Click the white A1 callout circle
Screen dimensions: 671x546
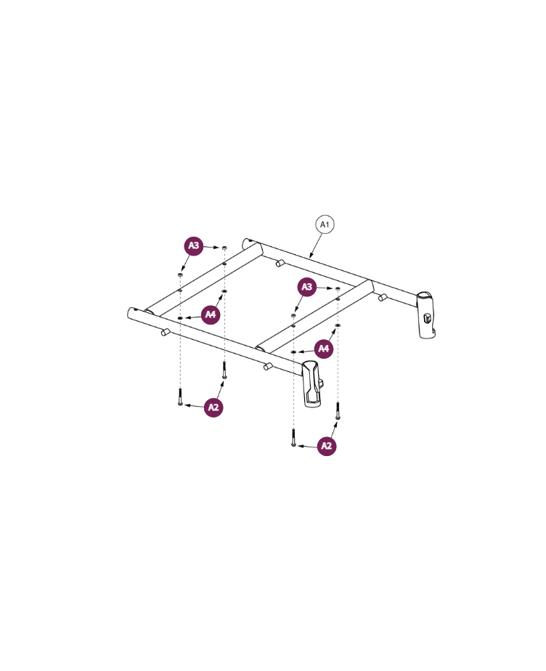pos(324,226)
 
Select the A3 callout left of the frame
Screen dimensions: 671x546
pos(193,246)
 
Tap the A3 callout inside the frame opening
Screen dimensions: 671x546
pos(308,288)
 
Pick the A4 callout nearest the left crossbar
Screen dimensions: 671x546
pos(211,314)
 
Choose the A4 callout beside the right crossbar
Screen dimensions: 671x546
pos(324,349)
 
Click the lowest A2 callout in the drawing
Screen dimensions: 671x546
pos(327,446)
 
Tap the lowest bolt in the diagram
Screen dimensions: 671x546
pos(293,438)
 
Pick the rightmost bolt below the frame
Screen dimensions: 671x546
pos(338,410)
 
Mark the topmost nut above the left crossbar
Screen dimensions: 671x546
pos(224,248)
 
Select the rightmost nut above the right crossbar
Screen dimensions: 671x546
pos(338,289)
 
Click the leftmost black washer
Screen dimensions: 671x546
pos(179,317)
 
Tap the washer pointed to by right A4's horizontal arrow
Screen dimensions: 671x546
pos(293,352)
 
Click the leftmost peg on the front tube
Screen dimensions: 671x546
pos(165,333)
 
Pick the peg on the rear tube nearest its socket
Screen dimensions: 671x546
pos(381,297)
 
